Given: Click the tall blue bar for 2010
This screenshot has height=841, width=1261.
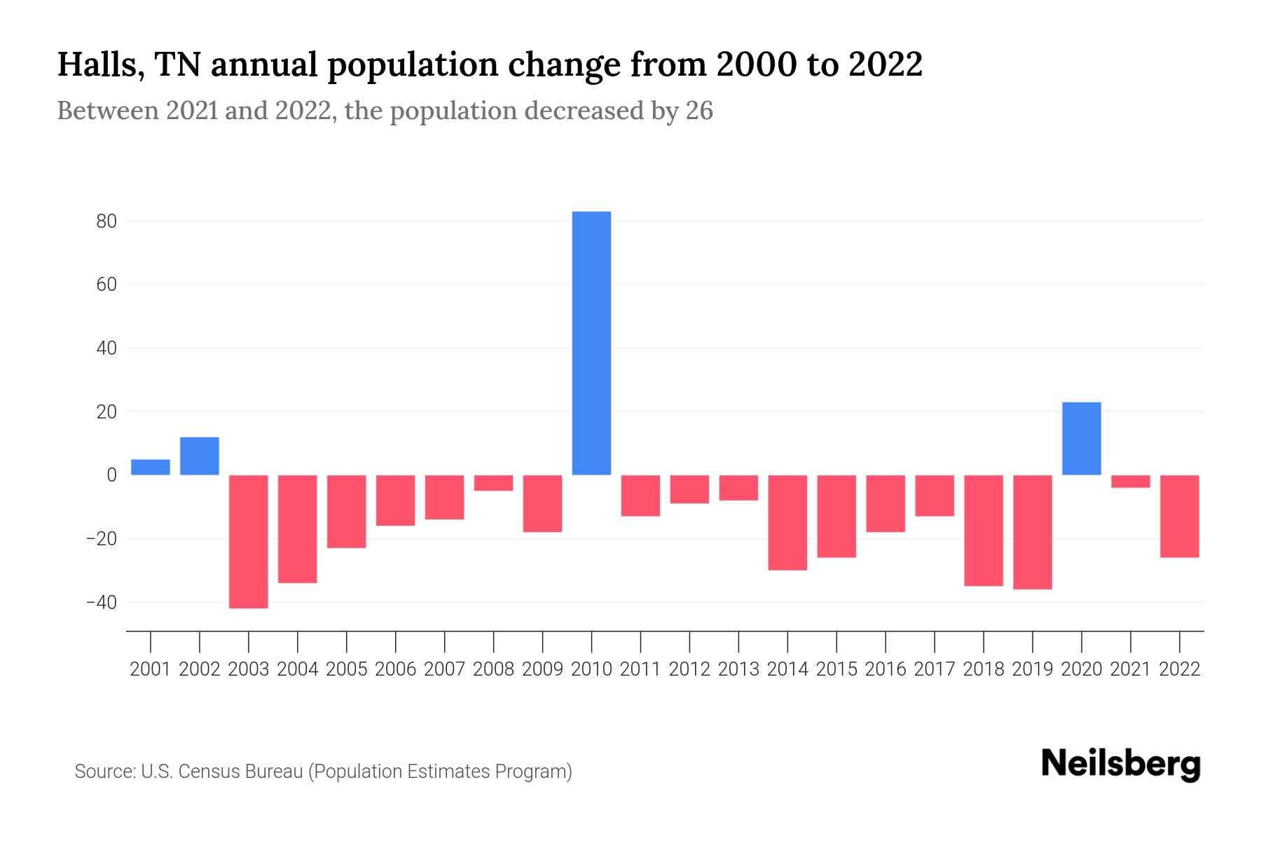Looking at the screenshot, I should [591, 343].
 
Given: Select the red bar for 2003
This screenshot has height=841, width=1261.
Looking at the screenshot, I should [249, 541].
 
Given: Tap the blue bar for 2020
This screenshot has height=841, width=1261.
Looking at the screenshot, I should [1081, 439].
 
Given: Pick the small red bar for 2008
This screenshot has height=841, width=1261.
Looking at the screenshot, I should [493, 483].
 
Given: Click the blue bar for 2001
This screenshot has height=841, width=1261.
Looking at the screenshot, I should [151, 467].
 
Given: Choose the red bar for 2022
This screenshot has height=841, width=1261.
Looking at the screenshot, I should [1179, 516].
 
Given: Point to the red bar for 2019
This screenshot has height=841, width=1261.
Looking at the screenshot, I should [1032, 532].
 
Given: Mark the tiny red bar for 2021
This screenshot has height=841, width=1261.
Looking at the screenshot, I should [1130, 481].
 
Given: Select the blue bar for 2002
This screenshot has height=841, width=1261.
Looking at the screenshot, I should [200, 456].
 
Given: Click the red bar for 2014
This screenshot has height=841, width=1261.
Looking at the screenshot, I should [787, 522].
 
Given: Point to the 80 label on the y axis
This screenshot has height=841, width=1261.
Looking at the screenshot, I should [106, 221].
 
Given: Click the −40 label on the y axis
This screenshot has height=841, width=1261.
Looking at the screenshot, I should [101, 603].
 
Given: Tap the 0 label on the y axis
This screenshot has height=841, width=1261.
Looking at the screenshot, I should [111, 475].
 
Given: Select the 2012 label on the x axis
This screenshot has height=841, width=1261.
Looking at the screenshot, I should [689, 669].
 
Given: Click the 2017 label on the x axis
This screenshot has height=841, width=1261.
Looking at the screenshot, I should [935, 669].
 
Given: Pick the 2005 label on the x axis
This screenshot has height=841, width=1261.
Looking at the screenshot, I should [347, 669].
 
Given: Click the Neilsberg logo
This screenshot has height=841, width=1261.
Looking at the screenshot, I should [1121, 764].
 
